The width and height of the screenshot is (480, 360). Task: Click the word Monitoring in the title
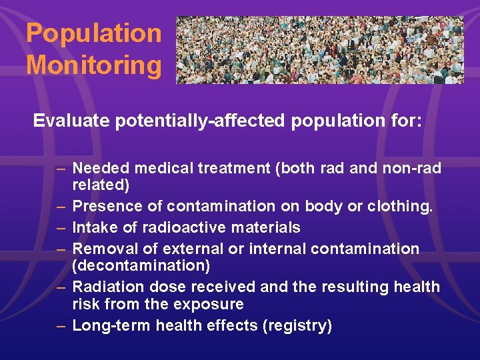tap(93, 65)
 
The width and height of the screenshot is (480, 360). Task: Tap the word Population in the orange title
tap(93, 33)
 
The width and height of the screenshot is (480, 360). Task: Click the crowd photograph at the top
tap(319, 50)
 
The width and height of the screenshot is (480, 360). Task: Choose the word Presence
tap(103, 207)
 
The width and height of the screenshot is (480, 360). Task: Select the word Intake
tap(92, 227)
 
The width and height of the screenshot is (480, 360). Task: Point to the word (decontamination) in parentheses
tap(141, 266)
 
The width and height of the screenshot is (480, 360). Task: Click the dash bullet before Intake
tap(61, 227)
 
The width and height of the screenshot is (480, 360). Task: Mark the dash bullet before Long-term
tap(61, 325)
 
